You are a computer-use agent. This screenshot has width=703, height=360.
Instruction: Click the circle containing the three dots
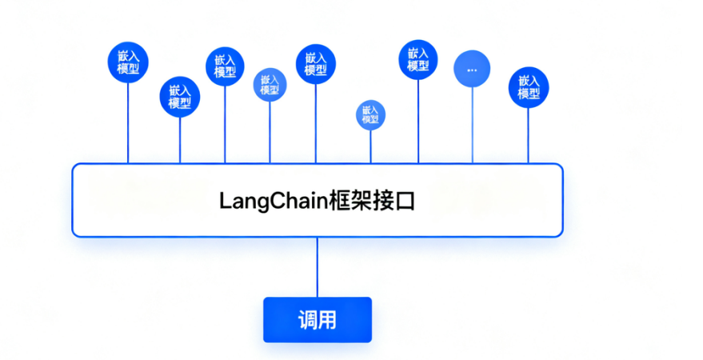pos(471,70)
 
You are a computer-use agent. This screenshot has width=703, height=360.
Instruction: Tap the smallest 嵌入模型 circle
pos(370,114)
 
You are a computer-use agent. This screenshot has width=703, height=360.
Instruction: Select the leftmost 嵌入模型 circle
pos(128,62)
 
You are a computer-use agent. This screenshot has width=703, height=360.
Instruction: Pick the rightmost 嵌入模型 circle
pos(529,86)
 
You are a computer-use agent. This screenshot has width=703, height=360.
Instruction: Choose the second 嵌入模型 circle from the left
pos(180,97)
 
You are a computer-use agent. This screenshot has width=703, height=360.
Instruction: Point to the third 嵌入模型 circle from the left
pos(225,67)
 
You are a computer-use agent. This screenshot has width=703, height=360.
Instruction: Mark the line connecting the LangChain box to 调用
pos(318,267)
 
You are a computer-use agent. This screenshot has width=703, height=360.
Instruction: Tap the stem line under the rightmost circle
pos(529,135)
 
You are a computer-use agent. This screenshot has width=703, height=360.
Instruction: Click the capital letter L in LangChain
pos(225,201)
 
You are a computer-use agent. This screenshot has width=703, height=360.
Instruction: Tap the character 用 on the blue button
pos(326,320)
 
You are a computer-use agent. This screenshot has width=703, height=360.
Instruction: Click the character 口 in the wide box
pos(405,201)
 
